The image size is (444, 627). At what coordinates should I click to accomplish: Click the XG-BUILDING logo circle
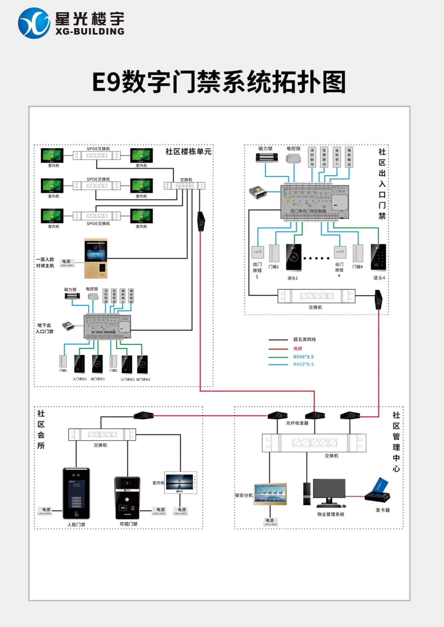(x=34, y=23)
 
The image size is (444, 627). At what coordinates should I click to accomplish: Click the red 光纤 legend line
(x=278, y=349)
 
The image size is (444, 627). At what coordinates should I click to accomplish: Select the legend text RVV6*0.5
(x=303, y=357)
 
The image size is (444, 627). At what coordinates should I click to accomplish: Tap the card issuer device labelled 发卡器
(x=378, y=491)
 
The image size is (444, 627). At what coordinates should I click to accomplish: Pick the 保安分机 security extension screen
(x=270, y=494)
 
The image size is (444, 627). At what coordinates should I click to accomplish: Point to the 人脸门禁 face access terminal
(x=76, y=493)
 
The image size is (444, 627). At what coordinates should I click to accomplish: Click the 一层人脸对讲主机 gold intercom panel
(x=96, y=258)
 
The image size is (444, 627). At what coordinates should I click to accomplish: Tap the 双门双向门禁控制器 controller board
(x=107, y=326)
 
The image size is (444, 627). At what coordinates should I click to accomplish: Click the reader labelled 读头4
(x=378, y=257)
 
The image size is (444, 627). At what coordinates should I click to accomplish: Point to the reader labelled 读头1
(x=294, y=257)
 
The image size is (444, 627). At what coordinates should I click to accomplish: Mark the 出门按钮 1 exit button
(x=258, y=252)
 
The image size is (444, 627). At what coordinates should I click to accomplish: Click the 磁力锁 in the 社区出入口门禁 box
(x=267, y=158)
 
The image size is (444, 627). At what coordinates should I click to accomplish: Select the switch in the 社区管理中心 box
(x=314, y=443)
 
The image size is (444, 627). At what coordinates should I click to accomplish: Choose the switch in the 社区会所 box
(x=102, y=435)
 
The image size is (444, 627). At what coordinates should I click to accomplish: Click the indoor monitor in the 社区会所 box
(x=181, y=482)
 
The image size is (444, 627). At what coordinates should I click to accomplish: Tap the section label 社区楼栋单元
(x=188, y=151)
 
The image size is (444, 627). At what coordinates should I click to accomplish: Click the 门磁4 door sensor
(x=358, y=253)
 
